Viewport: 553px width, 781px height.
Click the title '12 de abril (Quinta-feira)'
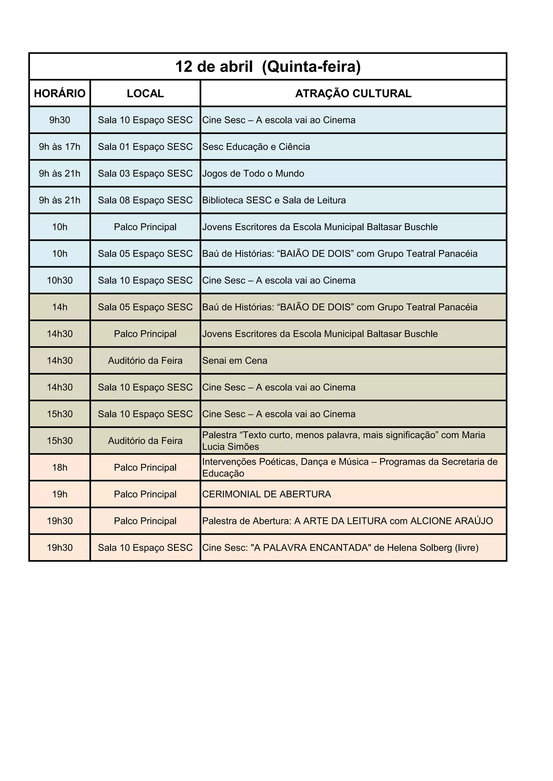pyautogui.click(x=268, y=67)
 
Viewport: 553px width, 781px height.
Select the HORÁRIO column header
pyautogui.click(x=60, y=93)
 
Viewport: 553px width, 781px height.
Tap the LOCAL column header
pyautogui.click(x=145, y=93)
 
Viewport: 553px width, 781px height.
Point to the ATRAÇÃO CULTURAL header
pyautogui.click(x=353, y=93)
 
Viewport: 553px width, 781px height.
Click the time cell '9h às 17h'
pyautogui.click(x=60, y=147)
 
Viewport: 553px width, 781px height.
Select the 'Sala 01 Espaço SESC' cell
pyautogui.click(x=145, y=147)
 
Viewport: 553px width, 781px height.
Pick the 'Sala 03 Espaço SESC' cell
pyautogui.click(x=145, y=173)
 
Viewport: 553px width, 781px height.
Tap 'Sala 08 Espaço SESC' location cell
pyautogui.click(x=145, y=200)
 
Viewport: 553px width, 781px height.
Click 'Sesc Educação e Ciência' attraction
pyautogui.click(x=256, y=147)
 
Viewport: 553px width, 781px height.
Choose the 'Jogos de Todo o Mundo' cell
pyautogui.click(x=253, y=173)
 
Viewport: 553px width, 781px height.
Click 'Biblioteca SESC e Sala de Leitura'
pyautogui.click(x=274, y=200)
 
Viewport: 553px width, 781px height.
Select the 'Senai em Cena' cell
pyautogui.click(x=235, y=361)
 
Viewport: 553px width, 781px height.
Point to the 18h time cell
pyautogui.click(x=60, y=467)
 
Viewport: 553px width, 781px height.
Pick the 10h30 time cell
pyautogui.click(x=60, y=280)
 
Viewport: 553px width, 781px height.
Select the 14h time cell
pyautogui.click(x=60, y=307)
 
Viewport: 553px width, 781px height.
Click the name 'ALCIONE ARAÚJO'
pyautogui.click(x=451, y=521)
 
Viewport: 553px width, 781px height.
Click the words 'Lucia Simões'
pyautogui.click(x=231, y=447)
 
